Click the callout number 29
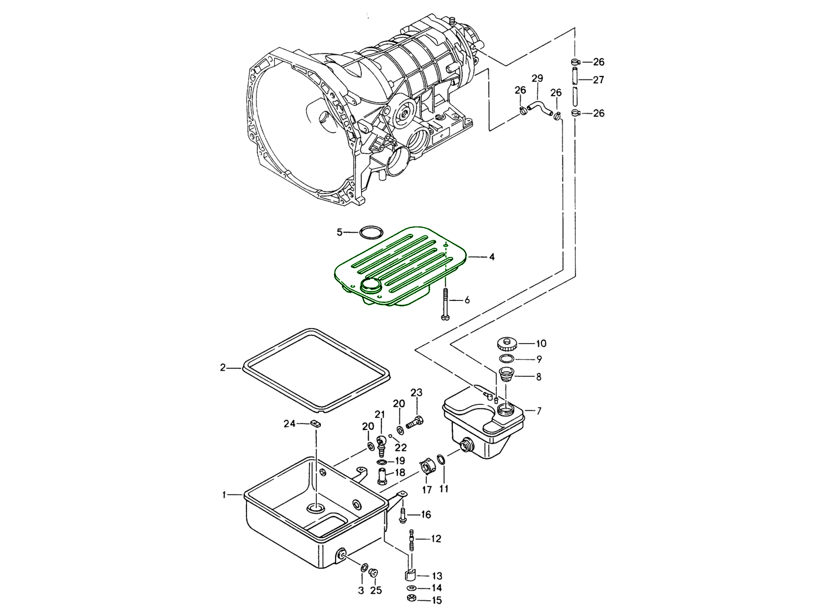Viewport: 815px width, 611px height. pos(537,78)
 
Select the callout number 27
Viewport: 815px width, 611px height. pos(599,80)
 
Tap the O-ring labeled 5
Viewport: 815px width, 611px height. pos(370,233)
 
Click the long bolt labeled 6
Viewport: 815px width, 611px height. pos(446,304)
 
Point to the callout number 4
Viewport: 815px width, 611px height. pos(492,257)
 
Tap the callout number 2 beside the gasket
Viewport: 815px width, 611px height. pos(223,367)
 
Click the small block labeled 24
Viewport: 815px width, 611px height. pos(315,423)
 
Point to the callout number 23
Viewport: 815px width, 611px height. pos(417,393)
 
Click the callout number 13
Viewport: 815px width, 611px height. pos(437,576)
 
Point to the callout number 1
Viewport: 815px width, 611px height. pos(224,494)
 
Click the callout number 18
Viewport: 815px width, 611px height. pos(400,473)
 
